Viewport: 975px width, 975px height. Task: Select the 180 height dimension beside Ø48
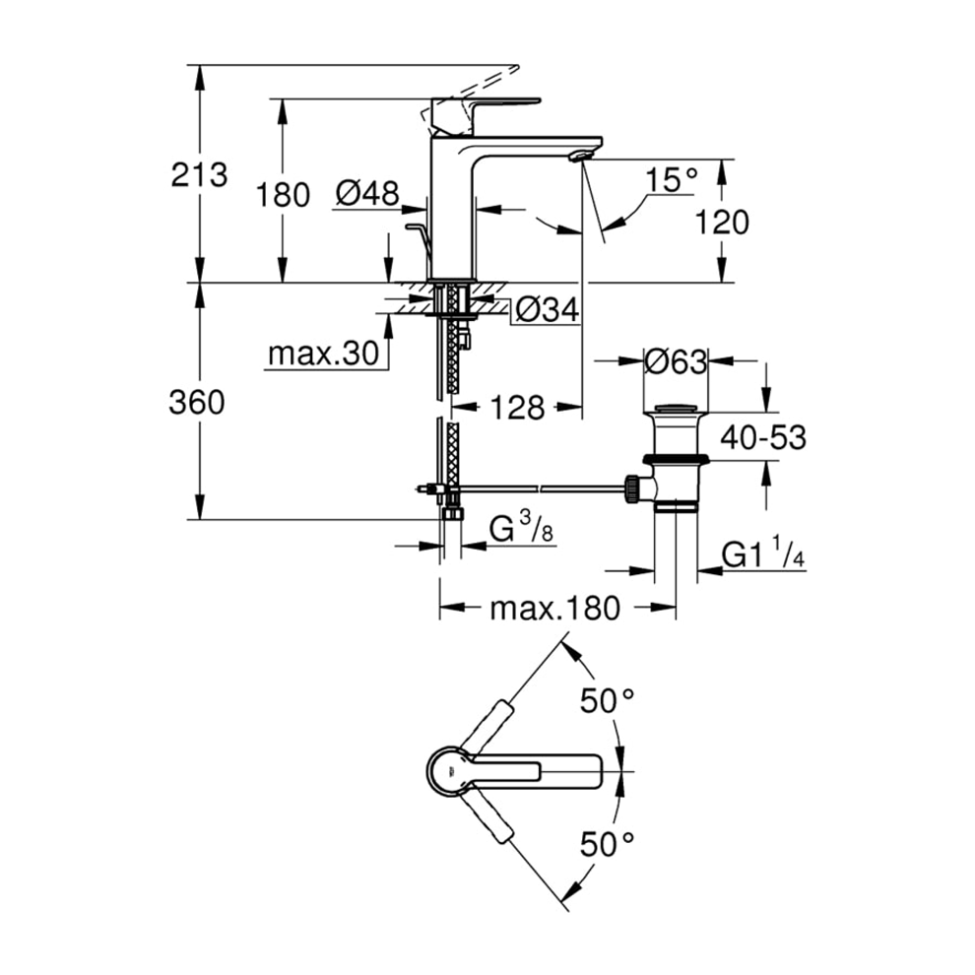tap(283, 194)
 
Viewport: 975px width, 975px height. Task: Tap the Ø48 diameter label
tap(365, 194)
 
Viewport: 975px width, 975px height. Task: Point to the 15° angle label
tap(672, 180)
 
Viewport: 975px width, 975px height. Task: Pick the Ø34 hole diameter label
tap(546, 311)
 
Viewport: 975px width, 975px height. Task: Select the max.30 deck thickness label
tap(323, 354)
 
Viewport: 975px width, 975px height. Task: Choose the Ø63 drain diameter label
tap(675, 362)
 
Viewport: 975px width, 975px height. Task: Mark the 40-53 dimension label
tap(762, 437)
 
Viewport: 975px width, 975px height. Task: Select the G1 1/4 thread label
tap(763, 554)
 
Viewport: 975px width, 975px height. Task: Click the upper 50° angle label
tap(607, 702)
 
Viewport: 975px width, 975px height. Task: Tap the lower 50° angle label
tap(607, 843)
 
